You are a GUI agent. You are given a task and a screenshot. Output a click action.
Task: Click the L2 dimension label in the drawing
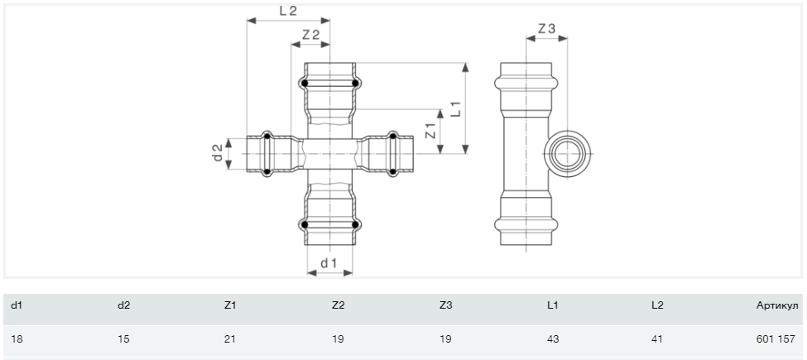(x=288, y=11)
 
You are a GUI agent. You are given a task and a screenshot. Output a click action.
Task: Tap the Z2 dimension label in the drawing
(x=311, y=35)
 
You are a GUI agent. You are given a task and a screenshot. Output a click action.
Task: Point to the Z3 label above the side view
(x=546, y=29)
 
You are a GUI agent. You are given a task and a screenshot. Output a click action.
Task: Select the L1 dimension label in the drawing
(x=456, y=108)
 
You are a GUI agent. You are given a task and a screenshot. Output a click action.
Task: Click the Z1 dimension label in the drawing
(x=431, y=131)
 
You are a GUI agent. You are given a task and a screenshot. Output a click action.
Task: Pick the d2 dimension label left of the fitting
(x=219, y=153)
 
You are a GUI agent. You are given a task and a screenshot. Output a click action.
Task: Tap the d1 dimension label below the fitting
(x=329, y=263)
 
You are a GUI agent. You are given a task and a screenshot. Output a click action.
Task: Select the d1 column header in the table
(x=17, y=305)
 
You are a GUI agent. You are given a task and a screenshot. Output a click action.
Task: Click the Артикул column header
(x=777, y=305)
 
